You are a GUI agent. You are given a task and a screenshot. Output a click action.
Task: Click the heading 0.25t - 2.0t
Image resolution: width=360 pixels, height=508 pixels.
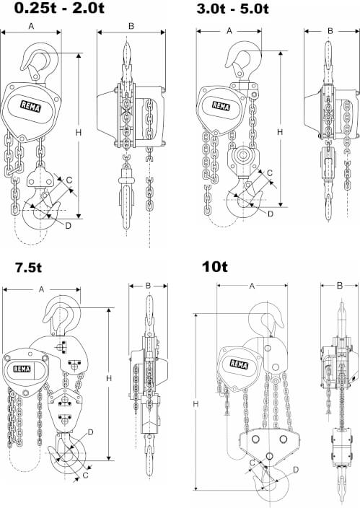(x=59, y=8)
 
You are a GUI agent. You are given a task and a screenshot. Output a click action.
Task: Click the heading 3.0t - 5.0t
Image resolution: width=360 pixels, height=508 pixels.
(x=232, y=9)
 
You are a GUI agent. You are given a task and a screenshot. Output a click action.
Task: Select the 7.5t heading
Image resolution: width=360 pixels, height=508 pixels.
(x=28, y=268)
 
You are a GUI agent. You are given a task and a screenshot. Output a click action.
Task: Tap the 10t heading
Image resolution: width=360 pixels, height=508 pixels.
(x=215, y=267)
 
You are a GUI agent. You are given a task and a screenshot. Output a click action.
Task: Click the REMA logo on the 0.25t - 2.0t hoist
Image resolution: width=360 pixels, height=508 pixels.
(x=31, y=106)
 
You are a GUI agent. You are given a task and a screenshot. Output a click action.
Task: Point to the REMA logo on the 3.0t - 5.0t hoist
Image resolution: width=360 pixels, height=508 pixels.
(x=221, y=105)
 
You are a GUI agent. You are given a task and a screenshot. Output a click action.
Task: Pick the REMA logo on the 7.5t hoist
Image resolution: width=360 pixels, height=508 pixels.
(x=22, y=369)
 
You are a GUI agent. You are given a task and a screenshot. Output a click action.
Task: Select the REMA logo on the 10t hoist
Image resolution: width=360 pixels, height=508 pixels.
(x=239, y=364)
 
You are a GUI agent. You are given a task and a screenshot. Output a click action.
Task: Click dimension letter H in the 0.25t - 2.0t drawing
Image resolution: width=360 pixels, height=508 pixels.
(x=78, y=132)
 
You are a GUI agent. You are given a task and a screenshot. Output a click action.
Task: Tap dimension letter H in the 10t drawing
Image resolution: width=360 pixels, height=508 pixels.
(x=196, y=404)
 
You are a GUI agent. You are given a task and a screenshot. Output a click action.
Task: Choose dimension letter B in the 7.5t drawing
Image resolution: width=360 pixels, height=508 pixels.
(x=148, y=286)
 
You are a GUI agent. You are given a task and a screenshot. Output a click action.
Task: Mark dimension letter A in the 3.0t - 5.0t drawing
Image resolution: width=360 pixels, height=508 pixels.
(x=229, y=31)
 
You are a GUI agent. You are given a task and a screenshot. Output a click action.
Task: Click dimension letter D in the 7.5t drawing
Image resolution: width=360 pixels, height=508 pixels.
(x=90, y=432)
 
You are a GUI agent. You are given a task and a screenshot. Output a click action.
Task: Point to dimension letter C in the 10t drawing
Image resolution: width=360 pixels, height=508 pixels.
(x=253, y=463)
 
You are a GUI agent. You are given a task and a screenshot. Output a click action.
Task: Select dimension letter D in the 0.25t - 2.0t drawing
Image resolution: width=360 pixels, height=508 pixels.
(x=68, y=225)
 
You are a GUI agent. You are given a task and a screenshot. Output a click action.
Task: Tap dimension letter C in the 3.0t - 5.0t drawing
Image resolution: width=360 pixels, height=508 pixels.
(x=270, y=173)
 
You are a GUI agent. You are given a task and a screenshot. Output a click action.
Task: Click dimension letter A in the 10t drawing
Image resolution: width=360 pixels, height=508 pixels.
(x=252, y=286)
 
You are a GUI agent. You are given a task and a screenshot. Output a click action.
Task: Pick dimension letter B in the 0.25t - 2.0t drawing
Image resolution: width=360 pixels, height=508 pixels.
(x=131, y=26)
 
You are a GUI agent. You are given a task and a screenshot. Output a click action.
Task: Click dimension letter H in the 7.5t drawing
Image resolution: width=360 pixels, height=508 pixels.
(x=109, y=378)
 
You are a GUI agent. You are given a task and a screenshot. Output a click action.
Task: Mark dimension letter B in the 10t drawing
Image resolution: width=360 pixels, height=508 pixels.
(x=340, y=286)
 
